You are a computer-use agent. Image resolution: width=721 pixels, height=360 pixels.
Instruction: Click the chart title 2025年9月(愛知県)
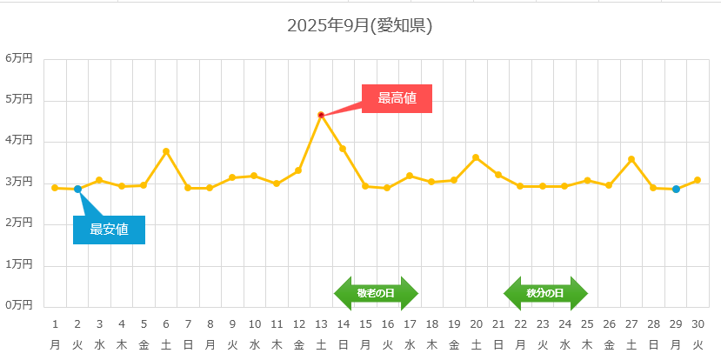pyautogui.click(x=359, y=26)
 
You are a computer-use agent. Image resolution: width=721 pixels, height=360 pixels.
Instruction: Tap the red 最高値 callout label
pyautogui.click(x=397, y=98)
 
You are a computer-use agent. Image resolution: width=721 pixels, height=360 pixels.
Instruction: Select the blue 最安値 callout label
pyautogui.click(x=109, y=230)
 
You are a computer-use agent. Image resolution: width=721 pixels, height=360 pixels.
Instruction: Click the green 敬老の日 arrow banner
pyautogui.click(x=376, y=294)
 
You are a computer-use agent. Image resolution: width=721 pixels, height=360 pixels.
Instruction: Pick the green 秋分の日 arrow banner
pyautogui.click(x=545, y=294)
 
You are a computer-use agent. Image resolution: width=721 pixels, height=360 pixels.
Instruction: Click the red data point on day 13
pyautogui.click(x=321, y=115)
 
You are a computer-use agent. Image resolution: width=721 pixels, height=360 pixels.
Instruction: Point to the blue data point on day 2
pyautogui.click(x=77, y=189)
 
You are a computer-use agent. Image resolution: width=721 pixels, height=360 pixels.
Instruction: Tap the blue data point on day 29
pyautogui.click(x=676, y=189)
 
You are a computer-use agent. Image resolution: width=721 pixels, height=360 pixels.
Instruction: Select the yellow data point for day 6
pyautogui.click(x=166, y=151)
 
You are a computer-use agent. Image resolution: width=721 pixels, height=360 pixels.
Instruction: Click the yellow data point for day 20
pyautogui.click(x=476, y=157)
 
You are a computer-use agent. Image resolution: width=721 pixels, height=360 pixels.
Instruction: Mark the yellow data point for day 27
pyautogui.click(x=631, y=159)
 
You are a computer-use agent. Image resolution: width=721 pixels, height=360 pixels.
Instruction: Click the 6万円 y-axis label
pyautogui.click(x=18, y=59)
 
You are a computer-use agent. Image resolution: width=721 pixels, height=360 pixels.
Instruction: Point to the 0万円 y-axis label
pyautogui.click(x=18, y=305)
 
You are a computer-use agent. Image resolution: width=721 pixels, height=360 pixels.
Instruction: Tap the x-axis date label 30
pyautogui.click(x=698, y=324)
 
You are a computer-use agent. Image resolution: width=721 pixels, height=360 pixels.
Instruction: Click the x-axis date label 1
pyautogui.click(x=55, y=324)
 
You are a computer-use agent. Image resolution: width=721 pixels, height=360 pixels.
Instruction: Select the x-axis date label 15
pyautogui.click(x=365, y=324)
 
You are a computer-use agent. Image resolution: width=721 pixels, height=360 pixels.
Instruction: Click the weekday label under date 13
pyautogui.click(x=321, y=344)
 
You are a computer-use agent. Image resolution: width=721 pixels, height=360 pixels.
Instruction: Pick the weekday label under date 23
pyautogui.click(x=543, y=344)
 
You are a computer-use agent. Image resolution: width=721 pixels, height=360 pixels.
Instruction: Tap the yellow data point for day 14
pyautogui.click(x=343, y=149)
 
